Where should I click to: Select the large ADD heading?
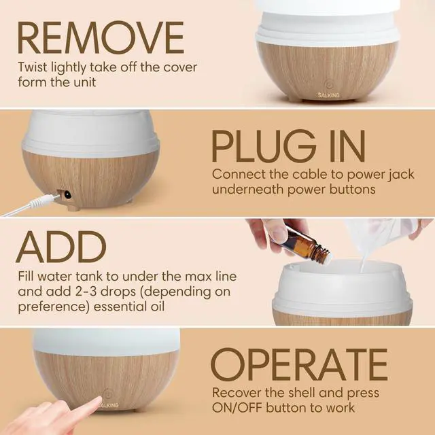62,248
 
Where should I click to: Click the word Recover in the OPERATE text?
236,393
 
